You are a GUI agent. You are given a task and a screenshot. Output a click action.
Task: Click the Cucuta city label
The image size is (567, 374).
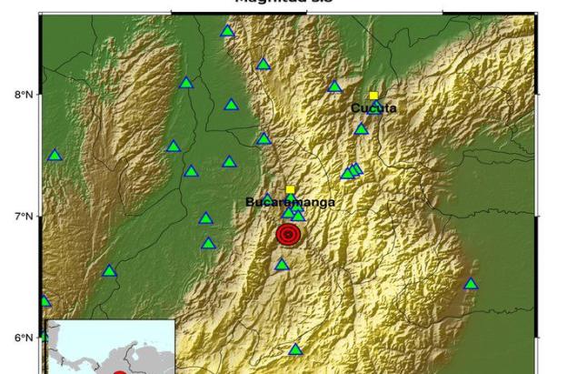tap(374, 108)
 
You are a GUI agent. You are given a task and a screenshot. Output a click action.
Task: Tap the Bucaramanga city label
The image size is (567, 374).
tap(291, 202)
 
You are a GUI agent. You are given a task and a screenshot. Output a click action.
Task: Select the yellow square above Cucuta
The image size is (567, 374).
tap(373, 96)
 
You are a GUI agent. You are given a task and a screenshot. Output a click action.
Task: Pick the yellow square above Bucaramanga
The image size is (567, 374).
tap(290, 189)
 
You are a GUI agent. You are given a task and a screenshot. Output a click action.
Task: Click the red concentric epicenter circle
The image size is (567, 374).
tap(288, 235)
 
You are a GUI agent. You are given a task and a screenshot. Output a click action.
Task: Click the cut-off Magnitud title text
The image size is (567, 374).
tap(272, 2)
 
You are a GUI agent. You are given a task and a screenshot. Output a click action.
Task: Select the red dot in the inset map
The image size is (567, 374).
tap(119, 371)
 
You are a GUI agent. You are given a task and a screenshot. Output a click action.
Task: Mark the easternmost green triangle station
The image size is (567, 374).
tap(471, 284)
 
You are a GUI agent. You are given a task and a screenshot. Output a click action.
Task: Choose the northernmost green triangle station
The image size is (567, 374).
tap(227, 31)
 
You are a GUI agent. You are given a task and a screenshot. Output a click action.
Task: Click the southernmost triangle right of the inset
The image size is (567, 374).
tap(295, 349)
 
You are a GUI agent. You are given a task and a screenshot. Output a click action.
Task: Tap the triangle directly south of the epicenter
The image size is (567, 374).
tap(282, 265)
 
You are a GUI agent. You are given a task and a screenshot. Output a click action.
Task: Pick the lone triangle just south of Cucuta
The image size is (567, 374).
tap(361, 129)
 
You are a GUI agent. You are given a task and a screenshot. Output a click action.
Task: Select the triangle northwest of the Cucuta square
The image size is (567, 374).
tap(334, 86)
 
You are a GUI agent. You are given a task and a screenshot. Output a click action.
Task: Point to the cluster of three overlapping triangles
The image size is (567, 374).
tap(352, 170)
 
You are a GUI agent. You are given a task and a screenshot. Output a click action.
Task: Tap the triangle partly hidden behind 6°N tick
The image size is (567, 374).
tap(44, 337)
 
